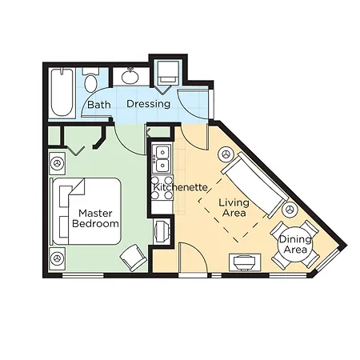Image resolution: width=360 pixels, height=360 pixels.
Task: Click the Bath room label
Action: [99, 105]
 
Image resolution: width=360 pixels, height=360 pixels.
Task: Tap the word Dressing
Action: [148, 104]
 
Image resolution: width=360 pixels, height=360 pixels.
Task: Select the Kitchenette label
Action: [180, 187]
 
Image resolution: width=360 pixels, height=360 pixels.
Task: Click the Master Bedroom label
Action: [95, 218]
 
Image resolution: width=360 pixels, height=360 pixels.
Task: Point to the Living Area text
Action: [234, 208]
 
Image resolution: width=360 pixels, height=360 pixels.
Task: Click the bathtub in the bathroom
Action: [62, 93]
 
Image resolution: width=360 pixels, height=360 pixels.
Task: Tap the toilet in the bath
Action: [90, 79]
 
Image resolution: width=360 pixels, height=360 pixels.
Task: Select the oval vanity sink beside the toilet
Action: [130, 76]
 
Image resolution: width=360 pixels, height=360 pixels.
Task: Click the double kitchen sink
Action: [162, 158]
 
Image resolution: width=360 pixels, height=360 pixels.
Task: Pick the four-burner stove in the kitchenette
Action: [162, 188]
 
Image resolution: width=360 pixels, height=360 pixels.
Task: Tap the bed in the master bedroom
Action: [86, 211]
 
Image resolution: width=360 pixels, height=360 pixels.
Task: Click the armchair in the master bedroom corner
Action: [134, 258]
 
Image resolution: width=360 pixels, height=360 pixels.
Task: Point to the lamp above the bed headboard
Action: [57, 163]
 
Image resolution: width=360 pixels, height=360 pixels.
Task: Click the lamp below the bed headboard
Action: [57, 258]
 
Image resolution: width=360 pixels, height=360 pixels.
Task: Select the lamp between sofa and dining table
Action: [290, 210]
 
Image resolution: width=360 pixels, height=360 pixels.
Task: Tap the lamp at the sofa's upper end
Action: [226, 154]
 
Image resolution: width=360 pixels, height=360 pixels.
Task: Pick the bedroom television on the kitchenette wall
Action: [162, 231]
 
